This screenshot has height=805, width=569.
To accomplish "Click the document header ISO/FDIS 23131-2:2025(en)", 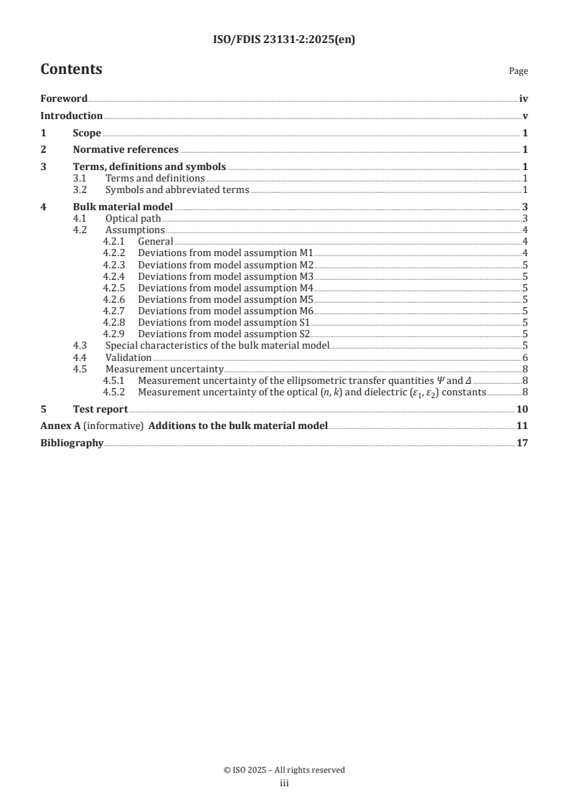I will coord(284,40).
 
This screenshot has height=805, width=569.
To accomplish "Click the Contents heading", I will coord(71,70).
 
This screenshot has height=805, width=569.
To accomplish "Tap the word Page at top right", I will coord(518,71).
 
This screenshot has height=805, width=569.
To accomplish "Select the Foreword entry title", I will coord(64,98).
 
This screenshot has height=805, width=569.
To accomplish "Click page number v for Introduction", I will coord(525,116).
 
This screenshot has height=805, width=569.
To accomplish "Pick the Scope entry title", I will coord(87,133).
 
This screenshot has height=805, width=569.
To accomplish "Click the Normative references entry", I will coord(126,150).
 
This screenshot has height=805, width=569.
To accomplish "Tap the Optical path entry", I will coord(133,218).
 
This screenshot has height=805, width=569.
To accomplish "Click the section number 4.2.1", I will coord(115,242).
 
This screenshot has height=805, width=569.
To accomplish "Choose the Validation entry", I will coord(128,357).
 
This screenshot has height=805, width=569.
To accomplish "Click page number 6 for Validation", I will coord(526,357).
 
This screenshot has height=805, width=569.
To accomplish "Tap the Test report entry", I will coord(100,409).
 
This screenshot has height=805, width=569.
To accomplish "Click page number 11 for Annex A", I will coord(522,426).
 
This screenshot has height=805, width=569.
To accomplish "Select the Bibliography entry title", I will coord(72,443).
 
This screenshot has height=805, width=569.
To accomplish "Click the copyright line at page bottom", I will coord(284,770).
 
